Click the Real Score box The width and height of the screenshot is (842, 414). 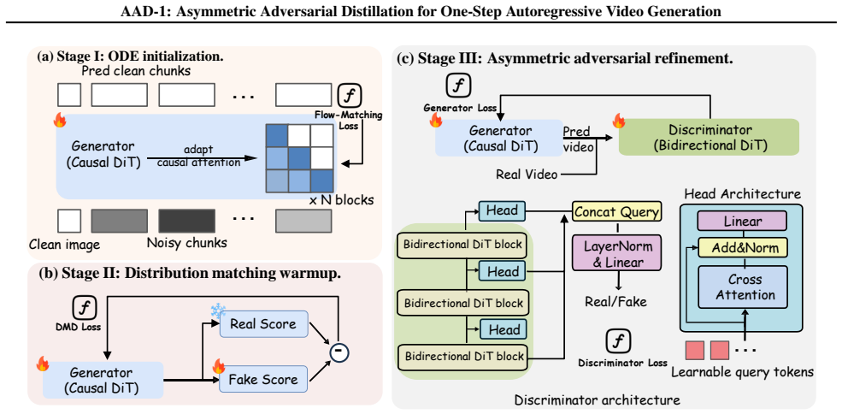pyautogui.click(x=262, y=324)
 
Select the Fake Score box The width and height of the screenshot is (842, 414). pyautogui.click(x=262, y=379)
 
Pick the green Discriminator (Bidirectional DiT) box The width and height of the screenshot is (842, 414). pyautogui.click(x=709, y=138)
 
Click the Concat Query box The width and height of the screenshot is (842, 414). pyautogui.click(x=617, y=212)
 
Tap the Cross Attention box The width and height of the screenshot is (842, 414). pyautogui.click(x=743, y=288)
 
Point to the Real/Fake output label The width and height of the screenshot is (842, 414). pyautogui.click(x=616, y=301)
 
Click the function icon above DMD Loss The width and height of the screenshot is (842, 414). pyautogui.click(x=85, y=308)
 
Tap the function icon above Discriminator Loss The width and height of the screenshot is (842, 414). pyautogui.click(x=617, y=341)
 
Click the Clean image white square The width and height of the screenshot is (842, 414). pyautogui.click(x=69, y=222)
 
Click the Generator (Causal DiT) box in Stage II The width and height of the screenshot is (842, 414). pyautogui.click(x=103, y=380)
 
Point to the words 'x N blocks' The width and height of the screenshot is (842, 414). pyautogui.click(x=342, y=200)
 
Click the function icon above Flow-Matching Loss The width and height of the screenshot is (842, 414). pyautogui.click(x=349, y=97)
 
